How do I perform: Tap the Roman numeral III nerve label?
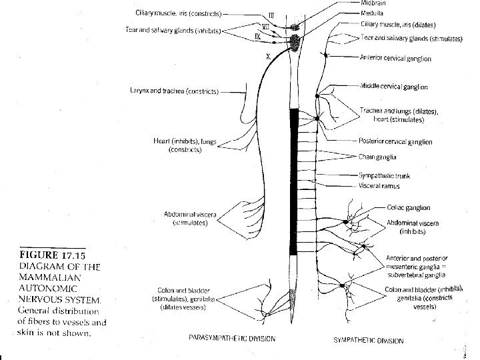click(271, 15)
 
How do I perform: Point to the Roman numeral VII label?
click(265, 26)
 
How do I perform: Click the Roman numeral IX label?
click(257, 37)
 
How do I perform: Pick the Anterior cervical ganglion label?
click(395, 59)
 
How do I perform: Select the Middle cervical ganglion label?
click(394, 87)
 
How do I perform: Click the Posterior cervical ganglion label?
click(395, 142)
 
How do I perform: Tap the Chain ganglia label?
click(378, 157)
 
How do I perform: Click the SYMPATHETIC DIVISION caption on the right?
click(368, 340)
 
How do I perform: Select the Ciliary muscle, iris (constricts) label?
click(181, 12)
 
